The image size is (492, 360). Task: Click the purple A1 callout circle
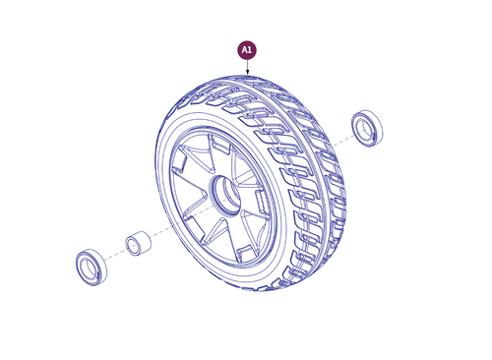247,49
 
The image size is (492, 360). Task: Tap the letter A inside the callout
244,49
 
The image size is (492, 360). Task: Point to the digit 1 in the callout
251,49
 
